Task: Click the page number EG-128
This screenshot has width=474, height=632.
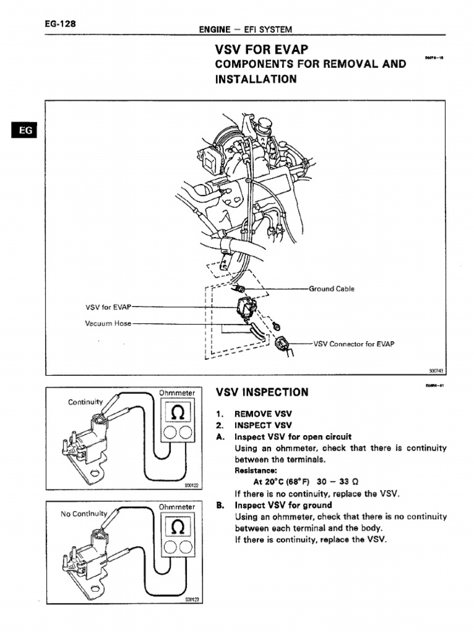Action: coord(60,24)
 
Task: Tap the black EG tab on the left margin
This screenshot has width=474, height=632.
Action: coord(24,131)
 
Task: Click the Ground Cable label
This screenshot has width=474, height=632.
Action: coord(331,289)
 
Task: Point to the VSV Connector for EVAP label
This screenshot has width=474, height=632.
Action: coord(354,344)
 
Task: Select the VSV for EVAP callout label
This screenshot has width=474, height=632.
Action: coord(108,307)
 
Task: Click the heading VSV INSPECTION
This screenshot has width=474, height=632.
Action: coord(262,393)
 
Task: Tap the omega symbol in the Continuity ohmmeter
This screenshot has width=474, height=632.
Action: coord(177,412)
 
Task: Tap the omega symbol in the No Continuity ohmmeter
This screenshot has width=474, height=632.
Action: coord(177,526)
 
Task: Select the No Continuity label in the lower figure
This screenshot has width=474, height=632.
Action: coord(84,513)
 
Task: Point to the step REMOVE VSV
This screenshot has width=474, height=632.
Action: coord(262,414)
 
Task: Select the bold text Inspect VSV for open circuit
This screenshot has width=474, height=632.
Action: coord(293,437)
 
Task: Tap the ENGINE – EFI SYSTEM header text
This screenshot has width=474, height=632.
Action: coord(244,29)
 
